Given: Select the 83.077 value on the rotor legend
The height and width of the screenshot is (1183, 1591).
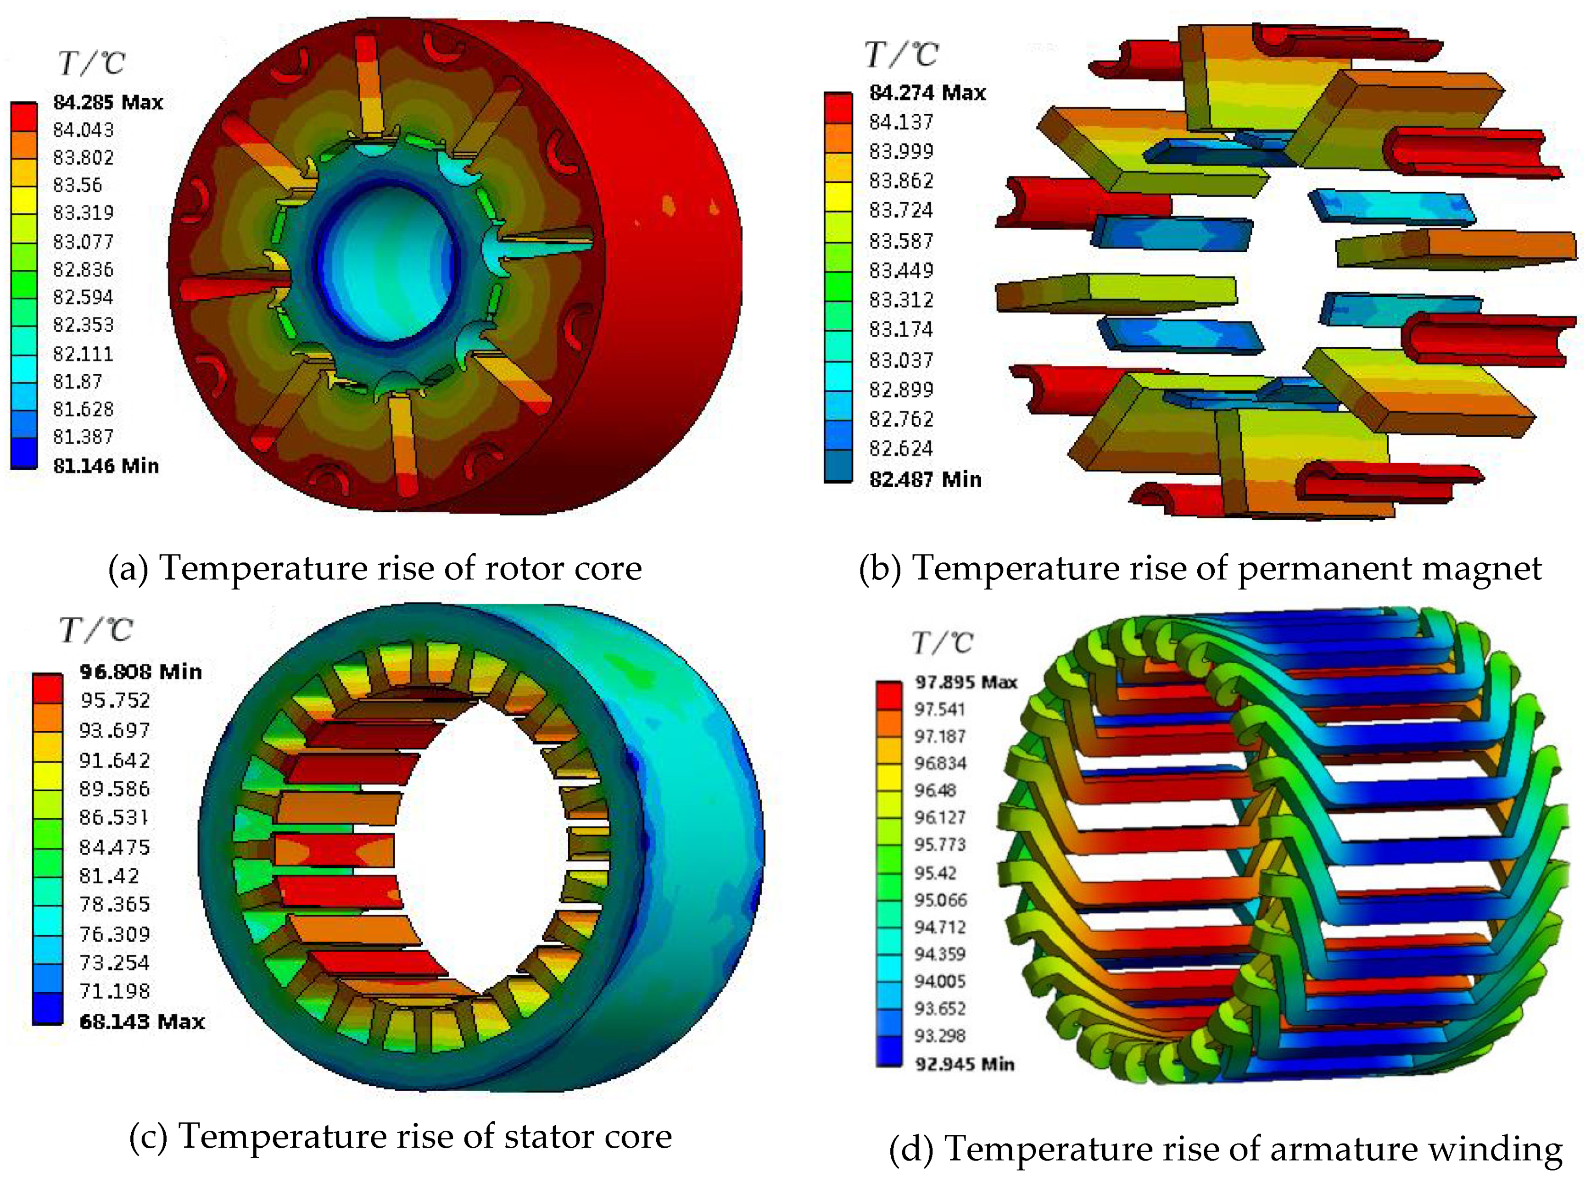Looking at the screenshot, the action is (x=83, y=242).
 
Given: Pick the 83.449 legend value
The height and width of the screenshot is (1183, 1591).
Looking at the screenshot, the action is (x=901, y=271).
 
